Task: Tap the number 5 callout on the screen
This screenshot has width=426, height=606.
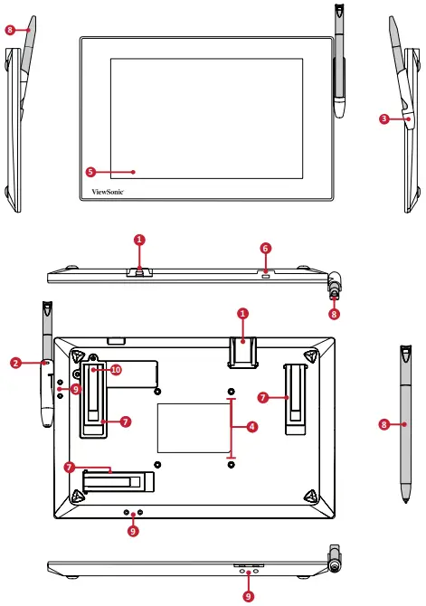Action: coord(90,170)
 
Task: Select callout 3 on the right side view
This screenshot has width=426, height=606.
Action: coord(384,118)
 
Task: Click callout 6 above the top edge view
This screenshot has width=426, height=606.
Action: coord(265,247)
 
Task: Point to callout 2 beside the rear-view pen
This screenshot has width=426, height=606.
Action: coord(15,363)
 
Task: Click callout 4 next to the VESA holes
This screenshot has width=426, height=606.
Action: coord(251,426)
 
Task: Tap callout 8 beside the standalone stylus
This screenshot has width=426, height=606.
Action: coord(384,423)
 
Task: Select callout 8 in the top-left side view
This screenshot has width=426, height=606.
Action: coord(10,30)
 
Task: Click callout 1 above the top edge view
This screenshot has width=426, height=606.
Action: coord(138,240)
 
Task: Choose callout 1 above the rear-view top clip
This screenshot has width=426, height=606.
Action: coord(242,313)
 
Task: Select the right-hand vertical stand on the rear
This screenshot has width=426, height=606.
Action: coord(294,398)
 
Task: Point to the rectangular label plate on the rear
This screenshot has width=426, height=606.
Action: coord(194,428)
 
